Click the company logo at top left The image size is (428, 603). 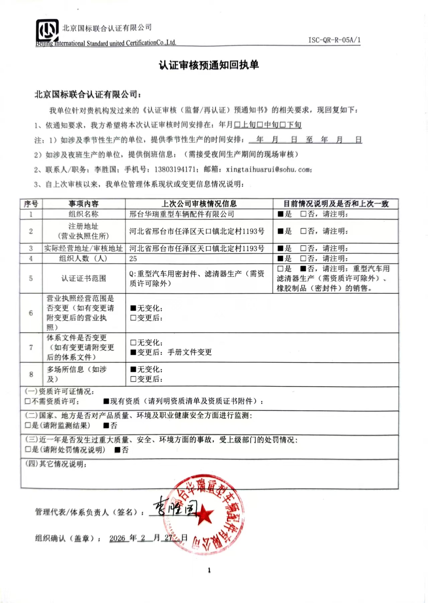(x=47, y=31)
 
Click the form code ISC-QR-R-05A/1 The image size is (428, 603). (x=334, y=40)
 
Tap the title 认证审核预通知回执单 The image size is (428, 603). (x=209, y=65)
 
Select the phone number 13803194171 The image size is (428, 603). (x=175, y=169)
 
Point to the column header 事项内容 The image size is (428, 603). (x=84, y=204)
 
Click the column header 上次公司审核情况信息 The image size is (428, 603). (x=199, y=204)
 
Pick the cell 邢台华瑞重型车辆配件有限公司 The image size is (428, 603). (x=182, y=214)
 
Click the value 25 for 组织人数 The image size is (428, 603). (x=133, y=259)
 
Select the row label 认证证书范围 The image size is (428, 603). (x=84, y=278)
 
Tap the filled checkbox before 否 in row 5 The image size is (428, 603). (x=303, y=269)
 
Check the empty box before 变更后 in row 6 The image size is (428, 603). (x=133, y=318)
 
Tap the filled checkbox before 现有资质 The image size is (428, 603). (x=106, y=401)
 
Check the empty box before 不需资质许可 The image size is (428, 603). (x=28, y=401)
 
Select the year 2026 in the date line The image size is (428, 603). (x=117, y=538)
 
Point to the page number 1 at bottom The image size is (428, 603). (x=209, y=570)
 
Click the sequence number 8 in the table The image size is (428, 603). (x=31, y=374)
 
